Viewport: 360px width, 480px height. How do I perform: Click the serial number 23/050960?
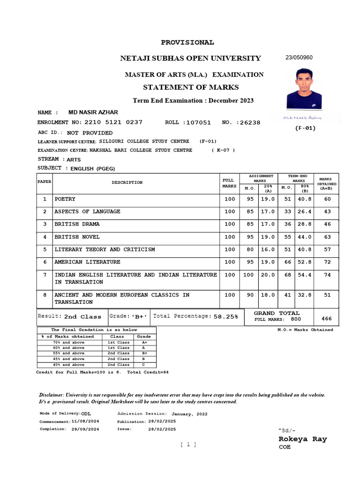tap(299, 58)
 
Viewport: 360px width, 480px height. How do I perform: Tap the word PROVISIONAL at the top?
tap(187, 43)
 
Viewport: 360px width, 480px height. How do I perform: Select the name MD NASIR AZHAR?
tap(93, 112)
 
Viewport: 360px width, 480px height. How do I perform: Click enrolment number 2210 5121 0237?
tap(113, 122)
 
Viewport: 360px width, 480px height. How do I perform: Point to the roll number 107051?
tap(198, 123)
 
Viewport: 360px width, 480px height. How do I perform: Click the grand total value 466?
tap(327, 319)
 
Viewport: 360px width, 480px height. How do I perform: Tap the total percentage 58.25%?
tap(226, 317)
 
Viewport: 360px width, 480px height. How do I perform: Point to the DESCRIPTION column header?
tap(127, 182)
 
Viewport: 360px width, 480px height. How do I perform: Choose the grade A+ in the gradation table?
tap(144, 342)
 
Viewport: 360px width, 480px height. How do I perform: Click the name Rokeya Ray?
tap(303, 439)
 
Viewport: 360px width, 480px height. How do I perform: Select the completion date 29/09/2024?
tap(85, 429)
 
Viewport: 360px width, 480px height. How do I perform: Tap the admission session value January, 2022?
tap(189, 414)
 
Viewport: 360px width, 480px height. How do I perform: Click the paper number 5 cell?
tap(45, 249)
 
